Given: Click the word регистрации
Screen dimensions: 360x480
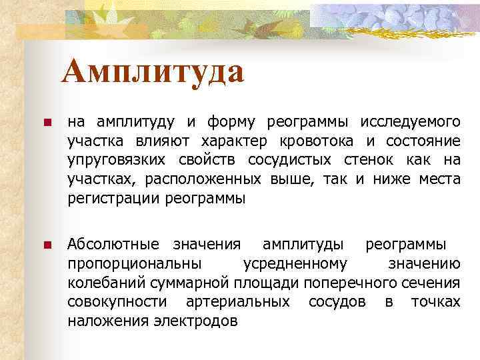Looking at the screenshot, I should tap(113, 199).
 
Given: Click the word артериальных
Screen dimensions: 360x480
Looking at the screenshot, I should tap(237, 302).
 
